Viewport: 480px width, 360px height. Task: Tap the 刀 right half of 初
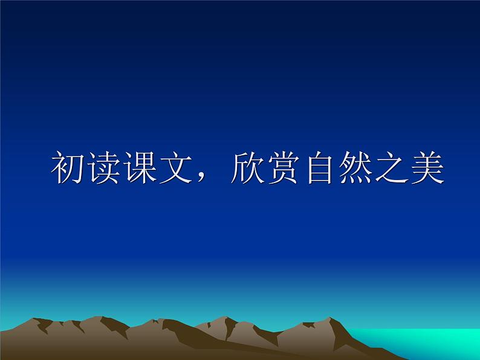coord(75,169)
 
